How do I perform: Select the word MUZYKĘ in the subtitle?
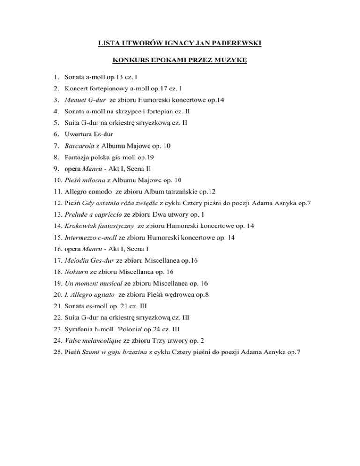point(232,60)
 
